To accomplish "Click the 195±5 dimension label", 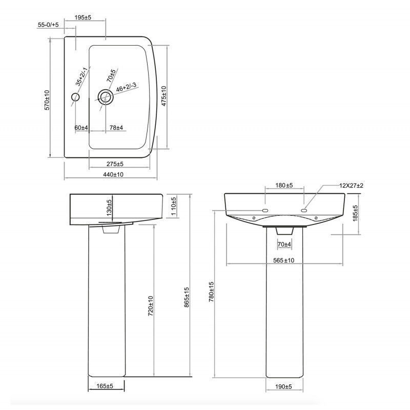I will point(83,17).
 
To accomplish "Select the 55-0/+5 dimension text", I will point(48,25).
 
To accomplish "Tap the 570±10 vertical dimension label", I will point(47,100).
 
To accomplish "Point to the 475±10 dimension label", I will point(164,95).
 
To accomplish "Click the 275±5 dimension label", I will point(115,164).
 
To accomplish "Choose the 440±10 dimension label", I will point(113,175).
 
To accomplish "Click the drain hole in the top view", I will point(105,96).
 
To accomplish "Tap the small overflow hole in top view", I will point(76,97).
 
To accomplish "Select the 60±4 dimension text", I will point(81,127).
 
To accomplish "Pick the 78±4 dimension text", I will point(116,127).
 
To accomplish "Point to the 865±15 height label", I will point(187,297).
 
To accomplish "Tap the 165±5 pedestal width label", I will point(104,385).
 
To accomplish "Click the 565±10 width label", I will point(283,260).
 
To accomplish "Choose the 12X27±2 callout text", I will point(351,185).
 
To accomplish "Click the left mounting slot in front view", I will point(266,210).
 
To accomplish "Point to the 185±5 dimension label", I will point(356,214).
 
